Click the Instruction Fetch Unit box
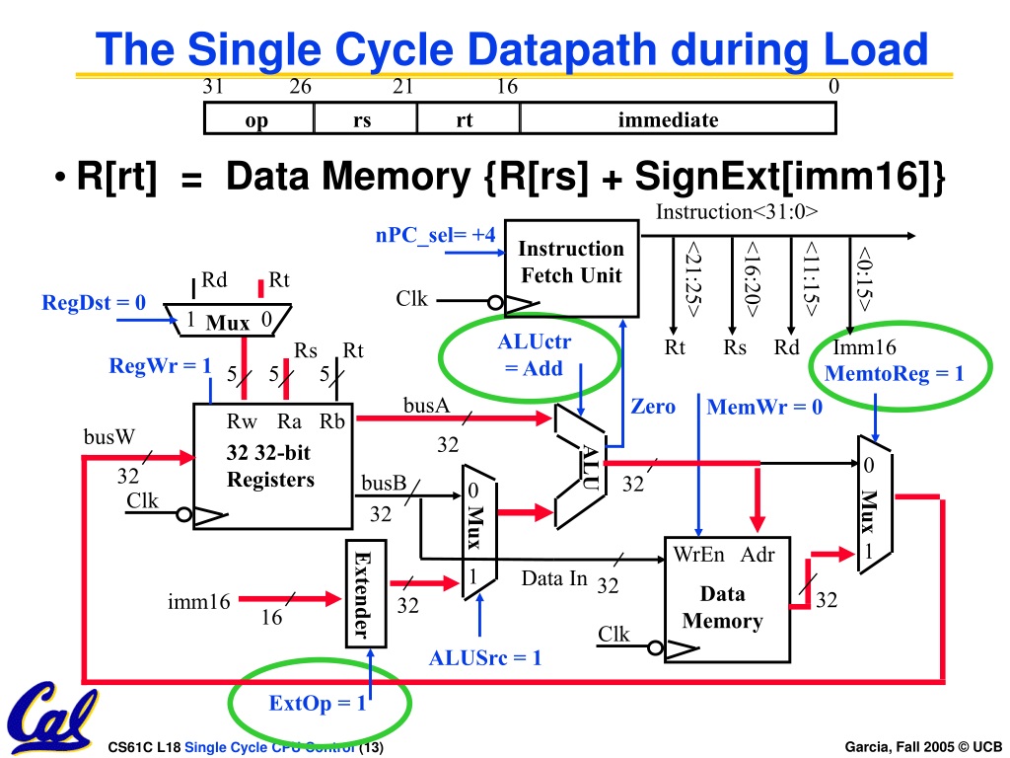click(571, 268)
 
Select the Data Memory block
click(727, 599)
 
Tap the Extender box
click(366, 593)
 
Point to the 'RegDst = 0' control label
click(94, 302)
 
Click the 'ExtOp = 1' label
click(317, 703)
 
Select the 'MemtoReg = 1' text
click(894, 373)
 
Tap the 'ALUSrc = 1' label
click(485, 657)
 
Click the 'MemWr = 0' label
click(764, 407)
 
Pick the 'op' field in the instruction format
click(258, 118)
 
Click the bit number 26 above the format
click(300, 87)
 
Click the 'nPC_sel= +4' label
click(435, 235)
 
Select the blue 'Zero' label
click(653, 406)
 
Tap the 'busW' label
click(109, 436)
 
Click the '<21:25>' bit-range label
click(693, 278)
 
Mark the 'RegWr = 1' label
click(161, 365)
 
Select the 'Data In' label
click(554, 578)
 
